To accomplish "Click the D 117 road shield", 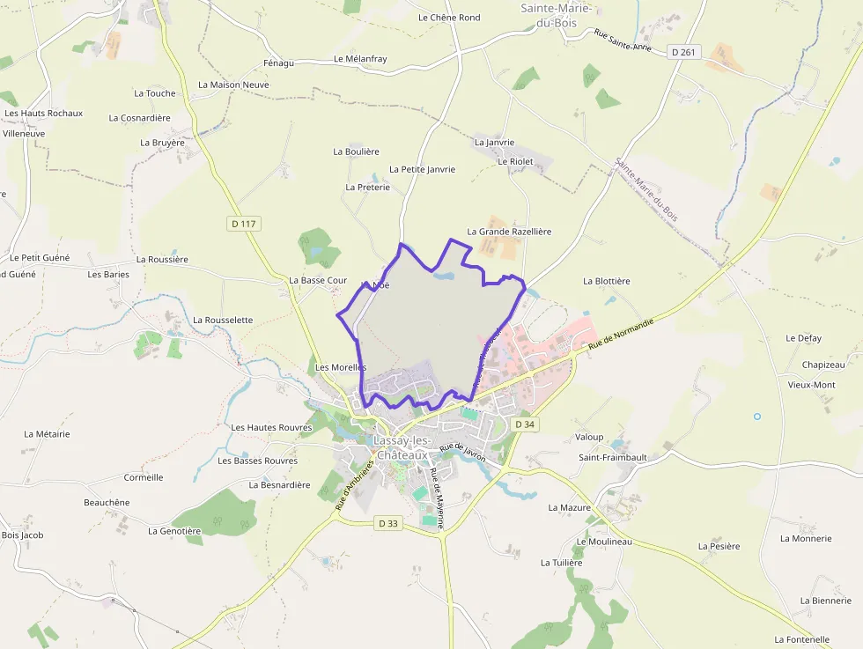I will pos(243,224).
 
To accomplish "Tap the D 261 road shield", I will pos(682,53).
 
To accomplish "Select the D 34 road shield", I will pos(524,424).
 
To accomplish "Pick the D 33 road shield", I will pos(388,523).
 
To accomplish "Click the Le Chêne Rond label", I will pos(449,18).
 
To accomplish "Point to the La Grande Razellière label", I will pos(509,232).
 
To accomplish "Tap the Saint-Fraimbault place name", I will pos(613,458).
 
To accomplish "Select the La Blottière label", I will pos(607,282).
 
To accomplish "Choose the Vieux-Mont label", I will pos(812,386).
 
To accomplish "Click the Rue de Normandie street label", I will pos(622,336).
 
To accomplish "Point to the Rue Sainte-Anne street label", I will pos(623,41).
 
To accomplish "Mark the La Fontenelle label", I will pos(802,639).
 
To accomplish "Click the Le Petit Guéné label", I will pos(40,258).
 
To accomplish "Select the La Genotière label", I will pos(174,531).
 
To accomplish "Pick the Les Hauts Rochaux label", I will pos(44,113).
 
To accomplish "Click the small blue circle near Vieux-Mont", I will pos(756,416).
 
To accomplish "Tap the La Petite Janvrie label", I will pos(422,169).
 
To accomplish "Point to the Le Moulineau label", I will pos(604,542).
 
